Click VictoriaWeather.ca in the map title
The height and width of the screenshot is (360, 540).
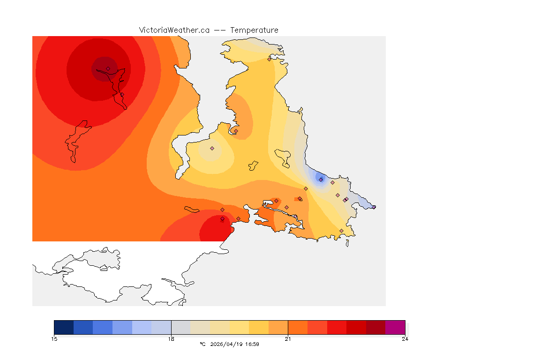click(x=174, y=30)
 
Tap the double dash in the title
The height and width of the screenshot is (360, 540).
click(x=220, y=30)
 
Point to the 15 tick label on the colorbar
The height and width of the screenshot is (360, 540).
click(x=54, y=339)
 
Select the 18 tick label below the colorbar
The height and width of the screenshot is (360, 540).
click(x=171, y=339)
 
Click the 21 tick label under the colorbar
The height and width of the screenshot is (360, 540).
click(x=288, y=339)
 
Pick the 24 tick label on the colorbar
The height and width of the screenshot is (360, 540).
click(x=405, y=339)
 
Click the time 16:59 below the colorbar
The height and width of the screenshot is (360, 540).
click(x=252, y=344)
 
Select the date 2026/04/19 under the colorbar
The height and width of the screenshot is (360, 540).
click(x=225, y=344)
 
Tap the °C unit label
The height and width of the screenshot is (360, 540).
click(x=202, y=344)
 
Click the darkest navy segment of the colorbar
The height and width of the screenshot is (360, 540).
click(x=64, y=327)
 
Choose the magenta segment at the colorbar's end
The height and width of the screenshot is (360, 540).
click(x=395, y=327)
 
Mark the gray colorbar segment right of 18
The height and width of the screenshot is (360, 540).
click(x=181, y=327)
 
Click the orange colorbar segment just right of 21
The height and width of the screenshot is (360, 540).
click(x=298, y=327)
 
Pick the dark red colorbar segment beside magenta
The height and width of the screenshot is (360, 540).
click(x=375, y=327)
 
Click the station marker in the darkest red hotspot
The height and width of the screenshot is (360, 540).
click(x=108, y=68)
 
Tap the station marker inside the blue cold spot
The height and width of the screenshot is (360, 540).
click(x=321, y=180)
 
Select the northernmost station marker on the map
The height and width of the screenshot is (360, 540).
click(x=269, y=59)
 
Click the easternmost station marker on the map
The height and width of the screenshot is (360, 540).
click(x=374, y=207)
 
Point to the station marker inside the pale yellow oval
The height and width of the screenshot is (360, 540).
click(x=212, y=148)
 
